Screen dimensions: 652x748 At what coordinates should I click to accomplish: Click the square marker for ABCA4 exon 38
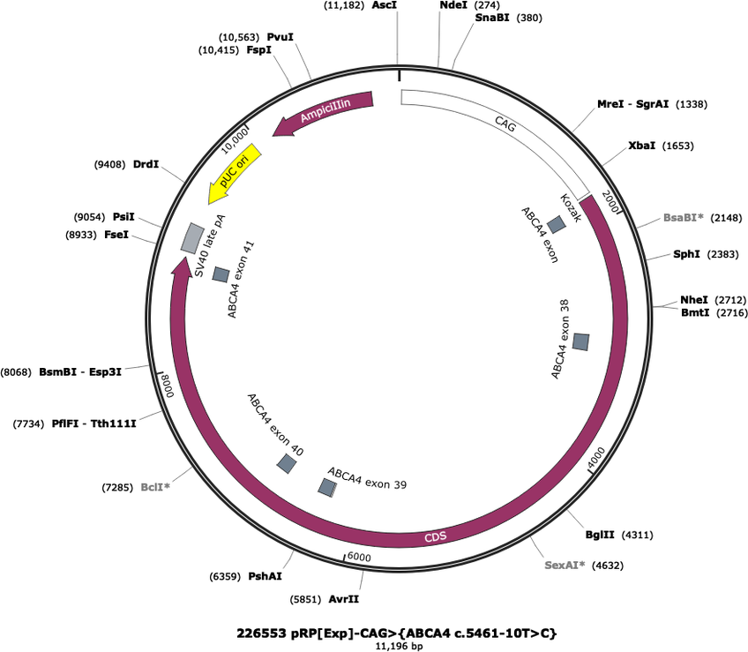(x=581, y=341)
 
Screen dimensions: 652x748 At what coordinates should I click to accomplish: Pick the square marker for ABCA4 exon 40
(x=287, y=463)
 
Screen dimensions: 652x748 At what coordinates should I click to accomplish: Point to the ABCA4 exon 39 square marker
(x=326, y=487)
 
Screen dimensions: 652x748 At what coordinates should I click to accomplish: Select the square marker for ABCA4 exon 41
(x=221, y=274)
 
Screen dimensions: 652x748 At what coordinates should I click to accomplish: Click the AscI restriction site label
(x=384, y=5)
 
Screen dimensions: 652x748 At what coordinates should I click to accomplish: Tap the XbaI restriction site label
(x=641, y=146)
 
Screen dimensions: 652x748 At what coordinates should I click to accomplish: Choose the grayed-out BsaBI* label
(x=683, y=217)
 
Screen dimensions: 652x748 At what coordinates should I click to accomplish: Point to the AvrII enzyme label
(x=343, y=599)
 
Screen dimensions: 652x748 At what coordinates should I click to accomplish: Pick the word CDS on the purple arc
(x=437, y=536)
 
